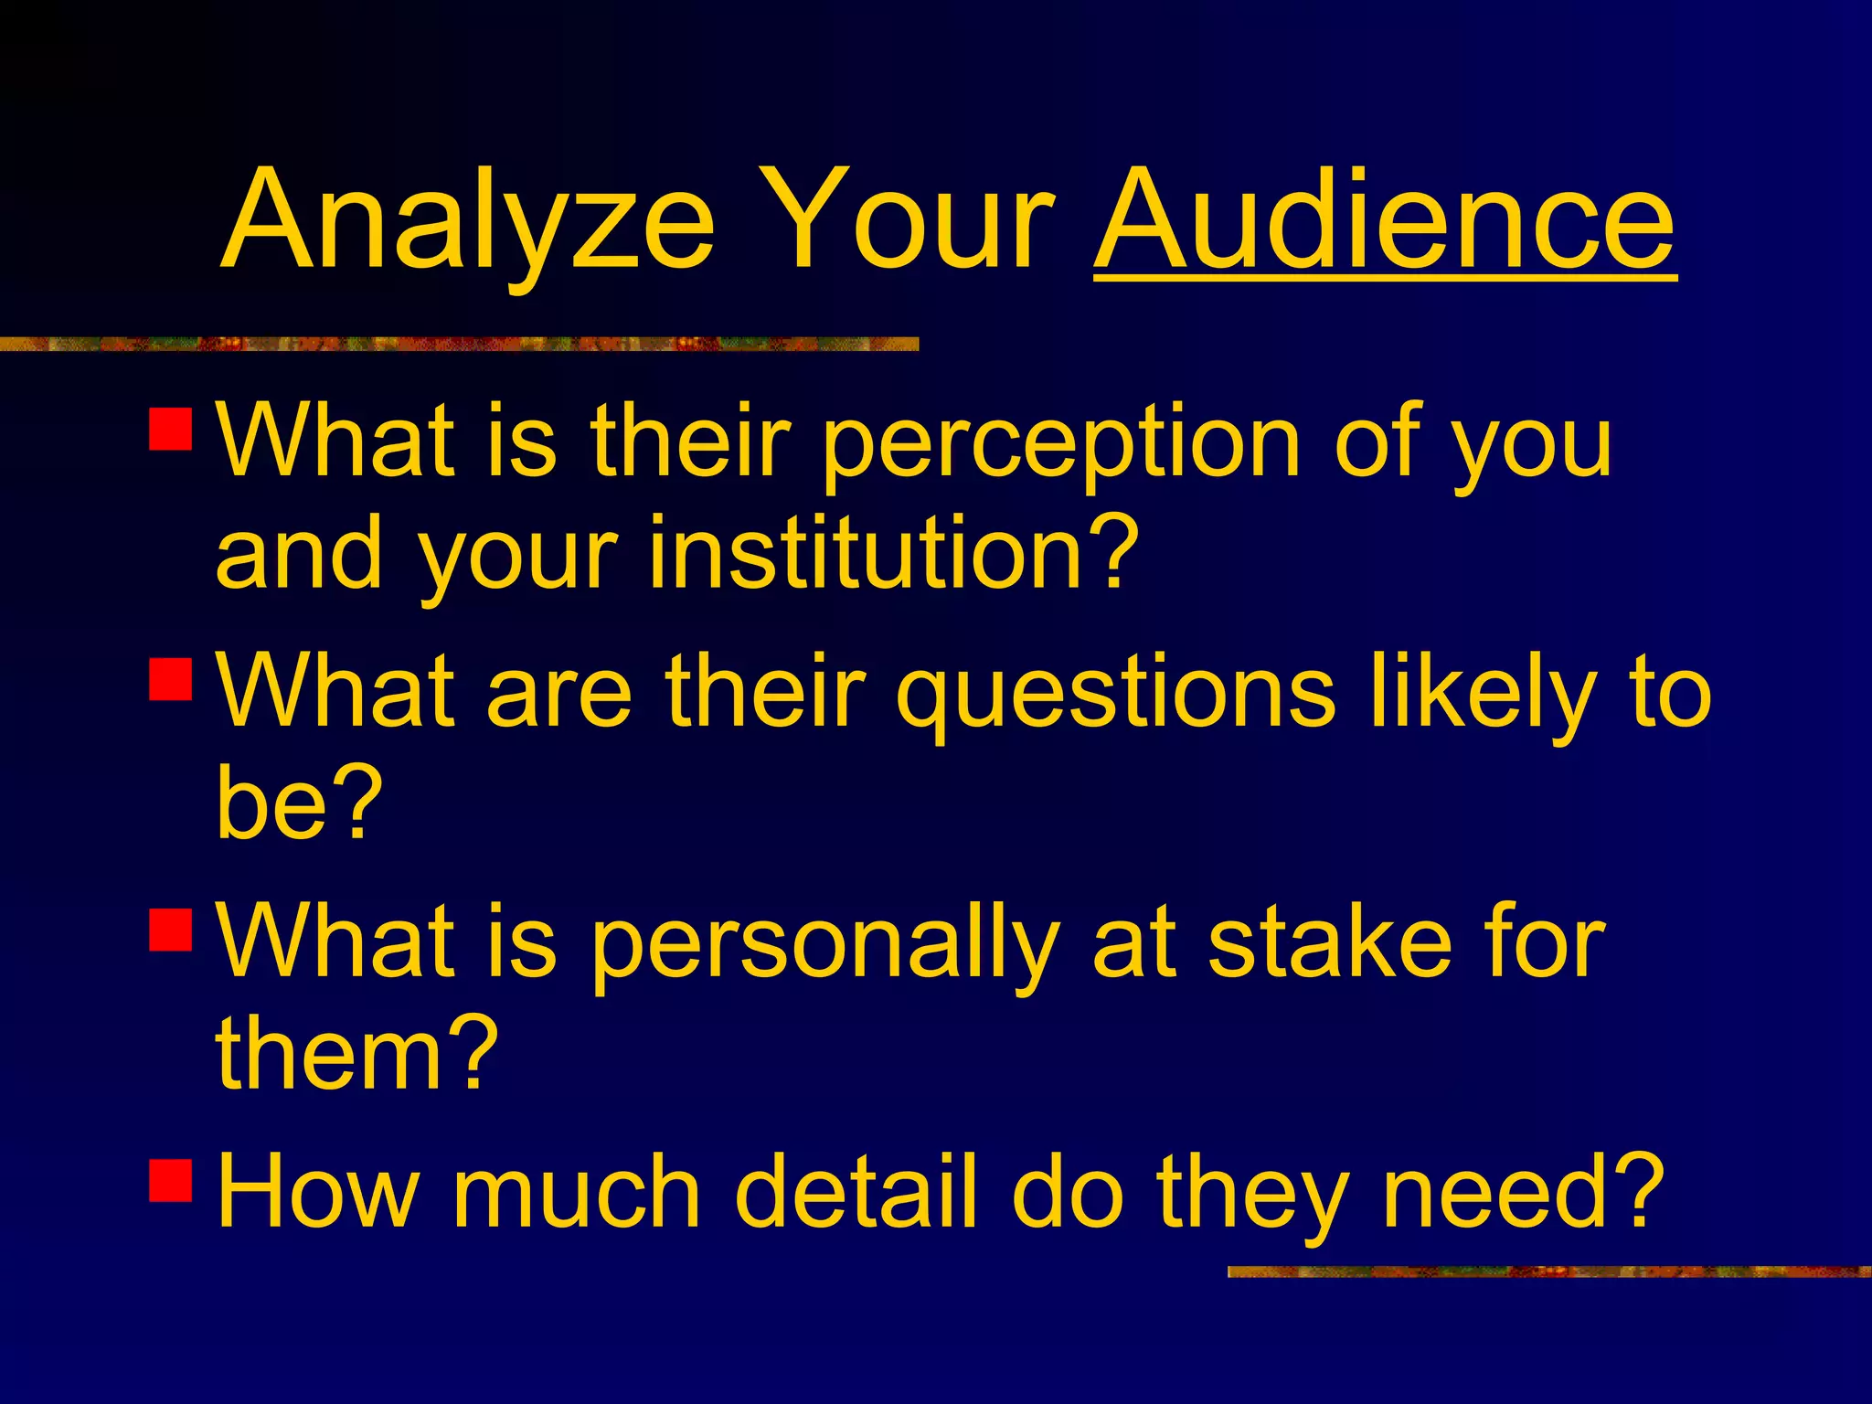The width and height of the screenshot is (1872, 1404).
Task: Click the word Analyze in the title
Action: click(x=466, y=224)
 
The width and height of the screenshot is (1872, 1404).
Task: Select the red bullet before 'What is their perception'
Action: click(x=170, y=429)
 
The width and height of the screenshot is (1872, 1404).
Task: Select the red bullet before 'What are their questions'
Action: click(x=170, y=678)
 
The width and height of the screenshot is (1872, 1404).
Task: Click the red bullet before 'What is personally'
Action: click(x=170, y=929)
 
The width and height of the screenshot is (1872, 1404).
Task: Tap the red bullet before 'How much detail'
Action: click(x=170, y=1179)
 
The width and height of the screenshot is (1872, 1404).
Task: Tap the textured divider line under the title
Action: click(x=457, y=344)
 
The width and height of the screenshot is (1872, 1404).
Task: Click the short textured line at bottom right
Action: click(x=1548, y=1271)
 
